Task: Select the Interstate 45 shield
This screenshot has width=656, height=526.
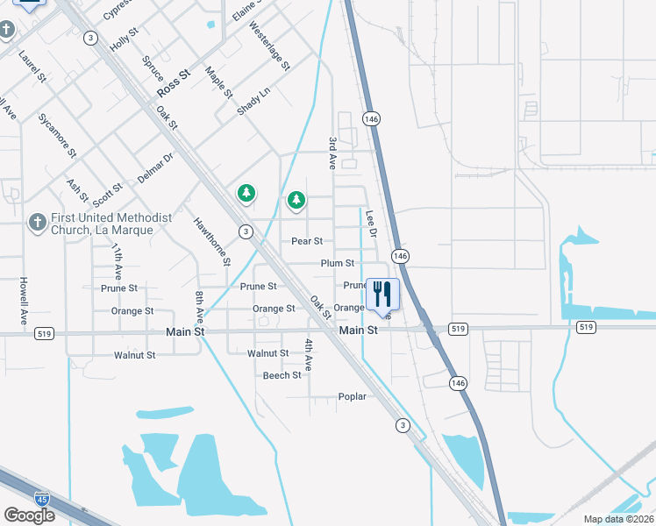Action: pos(41,499)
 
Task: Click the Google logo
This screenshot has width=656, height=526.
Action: pos(29,515)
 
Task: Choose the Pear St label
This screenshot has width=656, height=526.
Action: pos(307,240)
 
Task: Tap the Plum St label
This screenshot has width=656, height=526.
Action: pos(338,263)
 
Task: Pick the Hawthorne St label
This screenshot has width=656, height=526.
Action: pos(212,241)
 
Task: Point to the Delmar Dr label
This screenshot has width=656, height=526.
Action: pos(156,167)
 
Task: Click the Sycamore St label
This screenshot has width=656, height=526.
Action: pos(57,135)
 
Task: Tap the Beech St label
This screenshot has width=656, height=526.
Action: pos(282,375)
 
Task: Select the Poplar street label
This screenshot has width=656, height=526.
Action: pos(352,397)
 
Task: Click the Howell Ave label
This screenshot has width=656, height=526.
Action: pos(25,299)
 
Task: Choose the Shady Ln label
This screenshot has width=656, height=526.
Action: pos(253,102)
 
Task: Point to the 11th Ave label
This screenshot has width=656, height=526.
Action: pos(117,260)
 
